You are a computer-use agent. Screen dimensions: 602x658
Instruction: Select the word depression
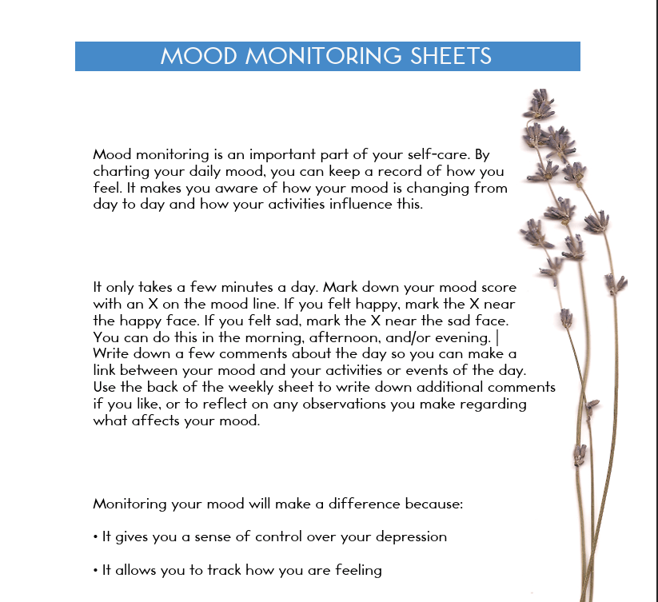click(x=408, y=537)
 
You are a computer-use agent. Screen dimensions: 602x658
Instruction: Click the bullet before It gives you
click(x=95, y=537)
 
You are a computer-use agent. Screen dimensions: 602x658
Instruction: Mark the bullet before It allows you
click(x=95, y=571)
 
